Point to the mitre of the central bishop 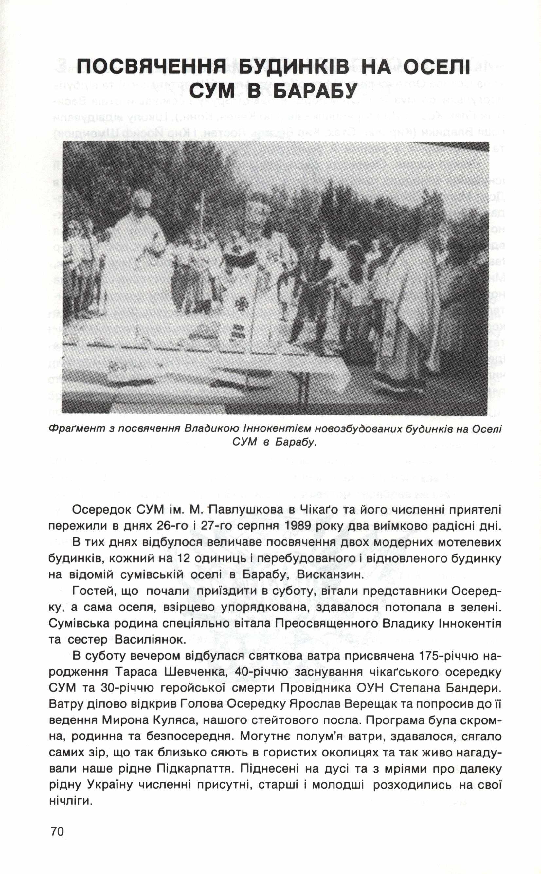click(257, 212)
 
